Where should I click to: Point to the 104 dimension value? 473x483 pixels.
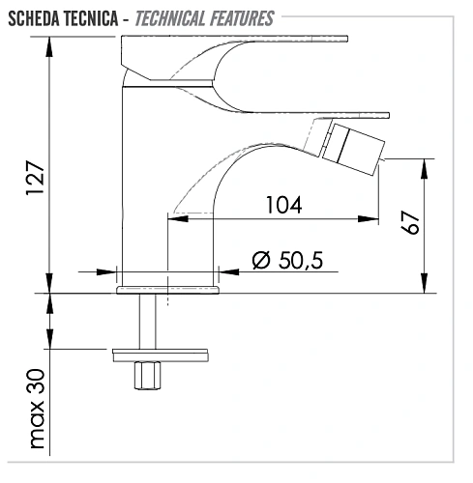point(281,205)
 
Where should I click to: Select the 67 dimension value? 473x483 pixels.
point(410,223)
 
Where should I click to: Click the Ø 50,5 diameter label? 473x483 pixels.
point(286,260)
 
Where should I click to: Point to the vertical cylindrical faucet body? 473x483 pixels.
point(143,184)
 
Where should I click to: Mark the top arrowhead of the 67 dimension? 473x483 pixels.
point(423,164)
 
